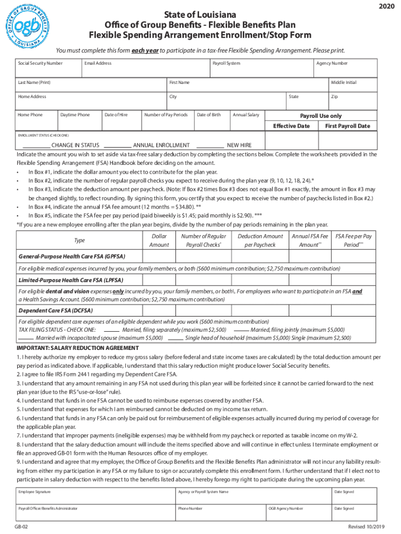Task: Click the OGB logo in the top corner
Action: coord(29,25)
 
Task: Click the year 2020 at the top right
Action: coord(386,6)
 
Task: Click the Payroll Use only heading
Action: coord(321,116)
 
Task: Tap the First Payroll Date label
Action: coord(347,126)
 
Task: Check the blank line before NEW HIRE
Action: coord(210,145)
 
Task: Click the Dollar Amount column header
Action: coord(159,240)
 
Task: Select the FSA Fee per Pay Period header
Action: coord(353,240)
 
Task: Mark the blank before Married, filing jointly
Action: coord(241,330)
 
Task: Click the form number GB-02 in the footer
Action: coord(21,527)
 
